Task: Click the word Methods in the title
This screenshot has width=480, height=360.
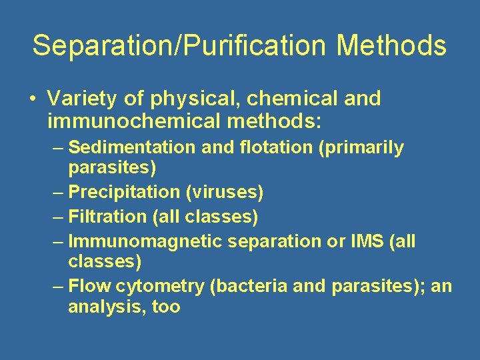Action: [391, 45]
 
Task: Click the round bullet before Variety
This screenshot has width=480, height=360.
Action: [31, 99]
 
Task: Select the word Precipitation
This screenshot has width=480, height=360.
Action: [124, 193]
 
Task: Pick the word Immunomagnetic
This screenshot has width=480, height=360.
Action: [146, 241]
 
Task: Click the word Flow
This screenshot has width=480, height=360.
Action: [90, 286]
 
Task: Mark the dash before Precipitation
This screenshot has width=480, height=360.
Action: [59, 193]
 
